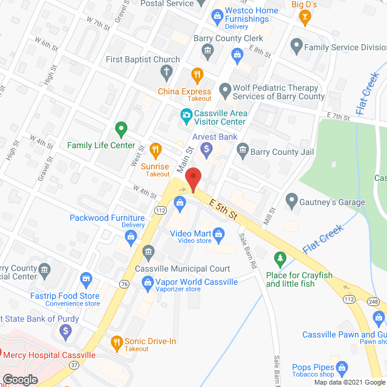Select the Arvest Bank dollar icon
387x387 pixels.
(207, 148)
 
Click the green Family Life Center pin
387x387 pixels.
(121, 129)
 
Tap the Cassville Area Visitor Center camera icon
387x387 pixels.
(186, 114)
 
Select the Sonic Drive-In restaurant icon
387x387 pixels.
(117, 342)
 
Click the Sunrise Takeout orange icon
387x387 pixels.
(155, 149)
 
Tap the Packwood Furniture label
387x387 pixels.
(107, 218)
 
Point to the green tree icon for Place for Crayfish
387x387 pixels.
(280, 259)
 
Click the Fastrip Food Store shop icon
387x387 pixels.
(85, 279)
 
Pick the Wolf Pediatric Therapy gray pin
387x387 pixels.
(225, 91)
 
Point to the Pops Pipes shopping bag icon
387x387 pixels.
(342, 367)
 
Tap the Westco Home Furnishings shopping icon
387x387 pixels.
(215, 15)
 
